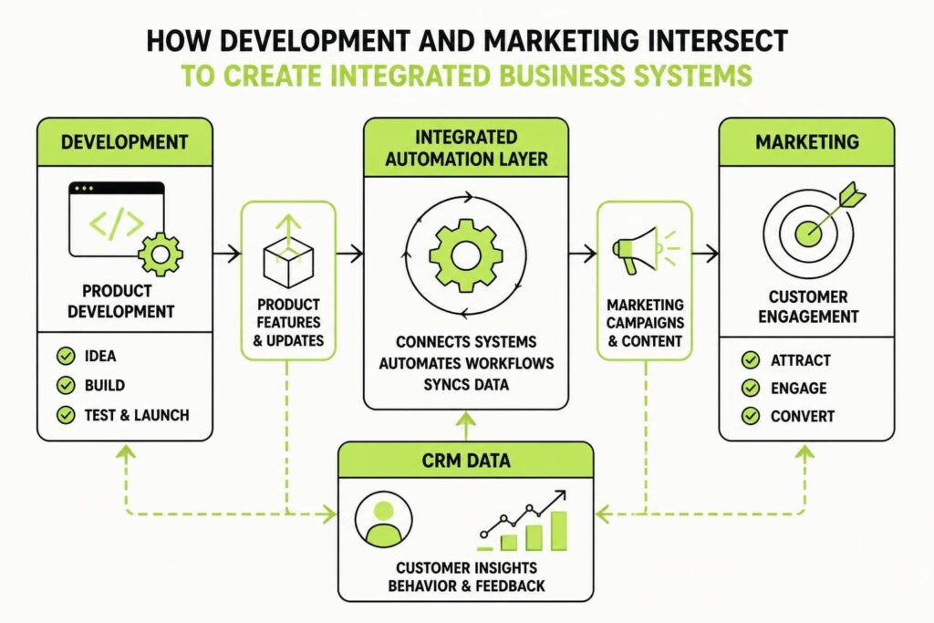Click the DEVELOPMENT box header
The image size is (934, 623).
[x=124, y=141]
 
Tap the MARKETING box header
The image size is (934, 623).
[x=806, y=141]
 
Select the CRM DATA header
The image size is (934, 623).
[x=466, y=461]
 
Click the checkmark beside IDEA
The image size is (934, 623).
[x=66, y=356]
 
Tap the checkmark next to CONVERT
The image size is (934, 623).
[x=751, y=416]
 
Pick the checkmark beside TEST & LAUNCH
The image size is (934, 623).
[x=66, y=414]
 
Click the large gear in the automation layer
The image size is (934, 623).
[x=466, y=255]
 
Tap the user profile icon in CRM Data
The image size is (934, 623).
[x=384, y=519]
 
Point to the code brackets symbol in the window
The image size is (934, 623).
[x=117, y=223]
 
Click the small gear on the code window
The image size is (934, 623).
[x=161, y=254]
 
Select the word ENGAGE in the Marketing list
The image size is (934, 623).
[x=798, y=389]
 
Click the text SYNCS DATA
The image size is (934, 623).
[x=466, y=385]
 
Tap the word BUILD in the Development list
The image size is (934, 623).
[x=105, y=385]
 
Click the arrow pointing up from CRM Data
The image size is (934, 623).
[x=466, y=427]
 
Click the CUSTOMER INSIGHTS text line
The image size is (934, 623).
[x=466, y=567]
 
